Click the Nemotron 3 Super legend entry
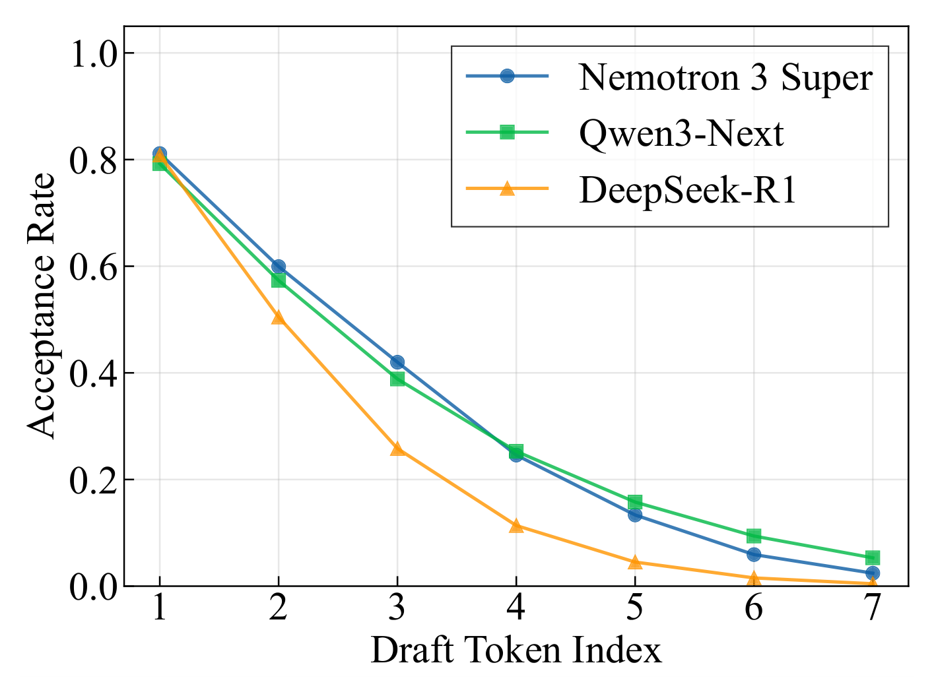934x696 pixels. [725, 77]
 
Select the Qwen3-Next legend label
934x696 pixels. [681, 133]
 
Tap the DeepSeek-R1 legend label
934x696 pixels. [688, 190]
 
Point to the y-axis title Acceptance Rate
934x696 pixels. [43, 305]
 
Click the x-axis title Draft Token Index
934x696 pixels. [516, 651]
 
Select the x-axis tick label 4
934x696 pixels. [516, 608]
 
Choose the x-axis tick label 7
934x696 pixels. [872, 608]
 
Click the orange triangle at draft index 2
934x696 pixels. [279, 317]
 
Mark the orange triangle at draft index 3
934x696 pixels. [397, 449]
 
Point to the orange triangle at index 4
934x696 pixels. [516, 526]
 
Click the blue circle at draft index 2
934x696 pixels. [279, 267]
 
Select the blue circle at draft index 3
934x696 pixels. [397, 362]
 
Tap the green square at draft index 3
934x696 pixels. [397, 379]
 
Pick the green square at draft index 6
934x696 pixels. [754, 536]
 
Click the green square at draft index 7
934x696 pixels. [873, 557]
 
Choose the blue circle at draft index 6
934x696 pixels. [754, 554]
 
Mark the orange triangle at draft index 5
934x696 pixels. [635, 562]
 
